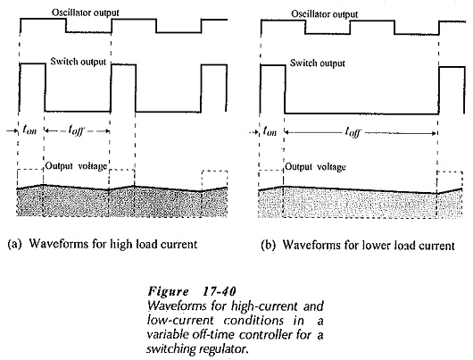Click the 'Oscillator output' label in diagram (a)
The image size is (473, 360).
[x=86, y=13]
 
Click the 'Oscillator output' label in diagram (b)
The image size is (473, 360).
[x=325, y=14]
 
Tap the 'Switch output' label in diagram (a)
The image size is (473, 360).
[x=79, y=62]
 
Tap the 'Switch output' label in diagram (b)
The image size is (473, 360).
[x=318, y=63]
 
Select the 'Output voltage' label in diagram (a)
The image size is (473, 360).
[x=76, y=166]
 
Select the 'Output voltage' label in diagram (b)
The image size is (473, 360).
[x=315, y=167]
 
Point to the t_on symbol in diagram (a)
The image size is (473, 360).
[x=29, y=130]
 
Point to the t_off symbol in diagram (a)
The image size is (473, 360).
[x=76, y=130]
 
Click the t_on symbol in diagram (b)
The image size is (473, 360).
[x=270, y=131]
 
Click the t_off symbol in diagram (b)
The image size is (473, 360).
[x=353, y=132]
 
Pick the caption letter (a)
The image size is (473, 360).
[x=14, y=244]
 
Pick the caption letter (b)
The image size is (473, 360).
[x=268, y=246]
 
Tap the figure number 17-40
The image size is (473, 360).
[x=220, y=292]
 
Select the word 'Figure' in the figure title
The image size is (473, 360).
[x=168, y=292]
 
